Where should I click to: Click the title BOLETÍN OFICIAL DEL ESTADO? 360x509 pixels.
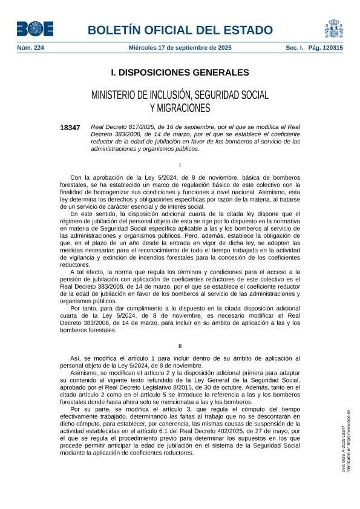(x=180, y=30)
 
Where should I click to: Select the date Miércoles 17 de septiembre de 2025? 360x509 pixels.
(x=180, y=47)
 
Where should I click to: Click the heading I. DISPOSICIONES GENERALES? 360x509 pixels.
(x=180, y=73)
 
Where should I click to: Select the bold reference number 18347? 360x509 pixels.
(x=70, y=128)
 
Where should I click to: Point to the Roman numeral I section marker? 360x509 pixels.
(x=180, y=165)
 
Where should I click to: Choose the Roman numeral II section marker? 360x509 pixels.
(x=180, y=346)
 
